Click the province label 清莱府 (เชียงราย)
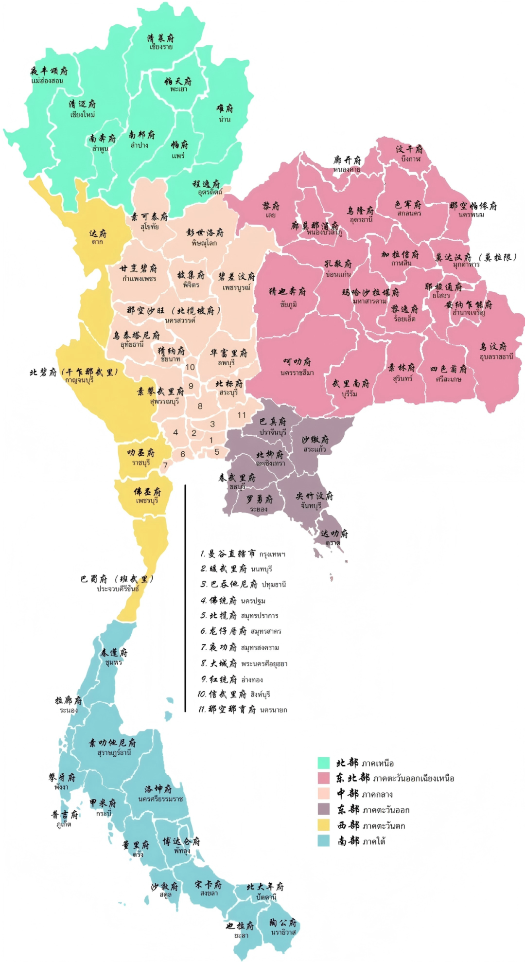161,41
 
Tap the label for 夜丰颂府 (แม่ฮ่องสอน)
49,75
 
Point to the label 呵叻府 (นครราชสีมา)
297,366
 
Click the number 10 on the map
190,367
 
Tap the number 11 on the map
242,415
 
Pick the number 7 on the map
165,465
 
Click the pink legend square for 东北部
324,778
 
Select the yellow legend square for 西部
324,825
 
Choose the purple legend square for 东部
324,809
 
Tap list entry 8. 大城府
244,663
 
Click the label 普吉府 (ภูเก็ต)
65,818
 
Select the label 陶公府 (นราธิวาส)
283,926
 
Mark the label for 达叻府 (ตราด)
334,537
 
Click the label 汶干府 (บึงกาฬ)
409,153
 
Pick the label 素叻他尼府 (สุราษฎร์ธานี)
113,747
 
